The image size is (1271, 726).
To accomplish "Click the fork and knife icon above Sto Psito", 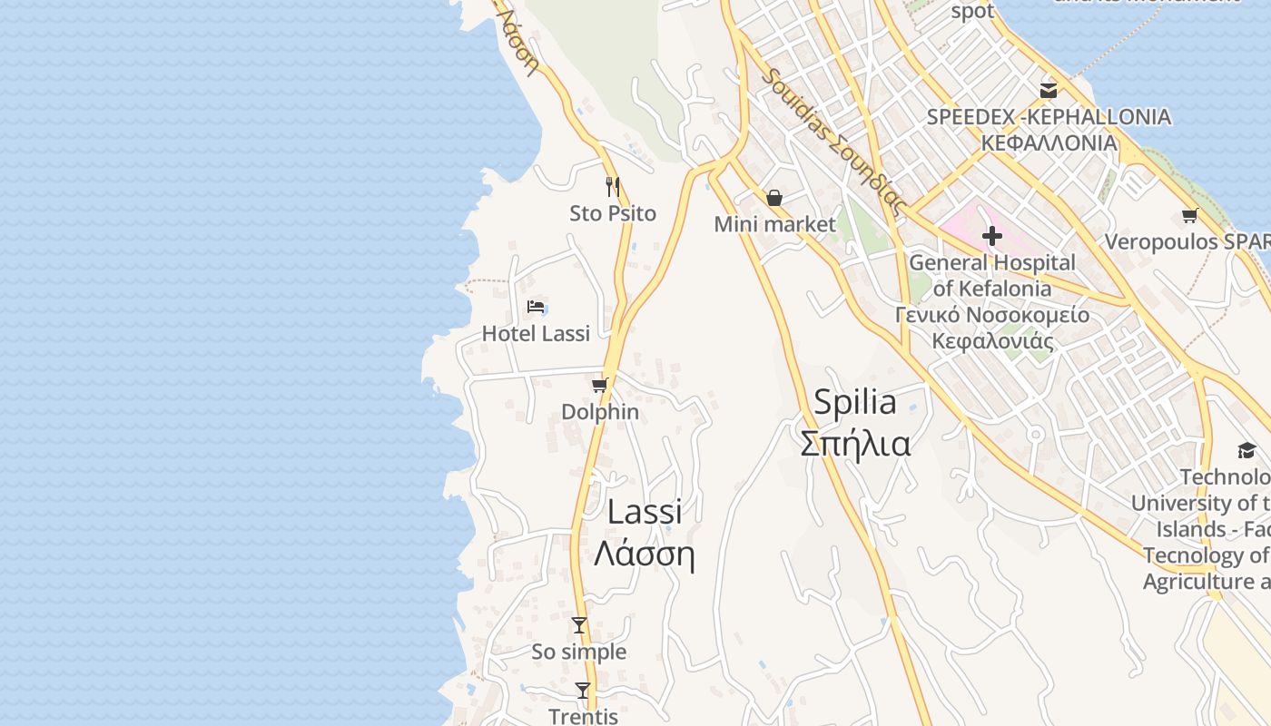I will [613, 187].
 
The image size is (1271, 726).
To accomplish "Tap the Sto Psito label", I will [613, 214].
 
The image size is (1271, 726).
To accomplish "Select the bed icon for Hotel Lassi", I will [536, 307].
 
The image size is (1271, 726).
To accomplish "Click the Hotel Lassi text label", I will [536, 334].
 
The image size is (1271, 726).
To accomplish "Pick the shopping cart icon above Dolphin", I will [599, 385].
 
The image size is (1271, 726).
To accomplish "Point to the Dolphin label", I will [600, 412].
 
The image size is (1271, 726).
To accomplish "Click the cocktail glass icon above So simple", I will [579, 625].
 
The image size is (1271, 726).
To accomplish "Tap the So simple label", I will [579, 652].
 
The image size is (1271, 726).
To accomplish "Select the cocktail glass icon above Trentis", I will [583, 691].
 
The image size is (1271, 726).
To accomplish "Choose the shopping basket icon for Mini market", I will [774, 198].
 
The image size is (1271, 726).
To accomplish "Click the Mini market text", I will [774, 224].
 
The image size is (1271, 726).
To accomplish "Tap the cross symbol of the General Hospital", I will [991, 237].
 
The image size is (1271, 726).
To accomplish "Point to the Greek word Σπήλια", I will [854, 445].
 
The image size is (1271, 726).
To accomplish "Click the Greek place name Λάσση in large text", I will [644, 554].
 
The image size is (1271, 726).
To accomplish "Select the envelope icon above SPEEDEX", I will [1049, 90].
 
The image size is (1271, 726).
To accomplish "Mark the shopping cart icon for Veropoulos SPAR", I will [1189, 215].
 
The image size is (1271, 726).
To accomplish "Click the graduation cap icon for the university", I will [1246, 450].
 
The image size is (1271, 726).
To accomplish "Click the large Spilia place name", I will [854, 402].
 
